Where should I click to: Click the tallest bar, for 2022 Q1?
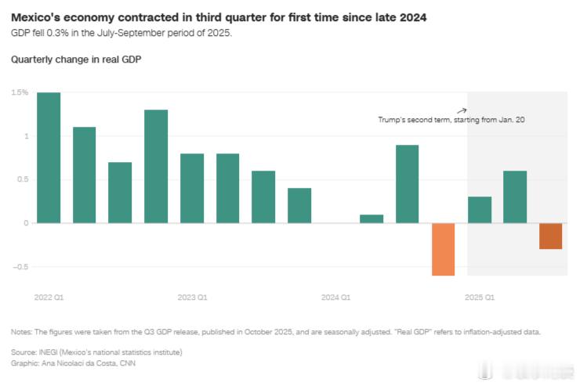(x=49, y=157)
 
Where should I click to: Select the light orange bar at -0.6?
(x=444, y=249)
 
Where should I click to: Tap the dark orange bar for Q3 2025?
(x=550, y=236)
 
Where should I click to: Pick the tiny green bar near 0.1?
(x=372, y=218)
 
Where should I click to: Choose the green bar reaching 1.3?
(x=156, y=166)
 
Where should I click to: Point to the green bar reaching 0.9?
(x=407, y=184)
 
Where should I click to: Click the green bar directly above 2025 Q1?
(x=480, y=210)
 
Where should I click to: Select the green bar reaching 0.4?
(x=299, y=205)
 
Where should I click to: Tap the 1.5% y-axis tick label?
(x=20, y=92)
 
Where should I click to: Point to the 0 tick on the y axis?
(x=25, y=223)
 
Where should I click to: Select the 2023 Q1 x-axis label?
(x=192, y=298)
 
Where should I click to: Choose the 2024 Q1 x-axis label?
(x=335, y=298)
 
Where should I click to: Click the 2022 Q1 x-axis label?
(x=49, y=298)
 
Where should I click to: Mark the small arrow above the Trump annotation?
(x=462, y=110)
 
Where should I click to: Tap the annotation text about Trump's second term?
(x=451, y=121)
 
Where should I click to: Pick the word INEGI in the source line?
(x=49, y=352)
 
